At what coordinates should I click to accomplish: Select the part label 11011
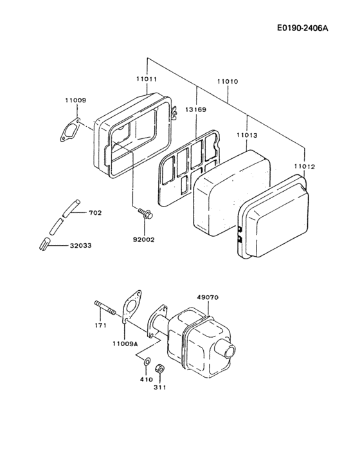[146, 79]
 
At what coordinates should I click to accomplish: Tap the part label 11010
[227, 82]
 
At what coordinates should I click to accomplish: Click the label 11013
[247, 136]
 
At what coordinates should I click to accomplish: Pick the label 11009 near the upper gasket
[75, 100]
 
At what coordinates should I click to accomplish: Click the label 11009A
[127, 344]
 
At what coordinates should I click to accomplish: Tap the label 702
[94, 212]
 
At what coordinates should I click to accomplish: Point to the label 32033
[80, 245]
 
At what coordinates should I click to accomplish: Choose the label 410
[147, 380]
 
